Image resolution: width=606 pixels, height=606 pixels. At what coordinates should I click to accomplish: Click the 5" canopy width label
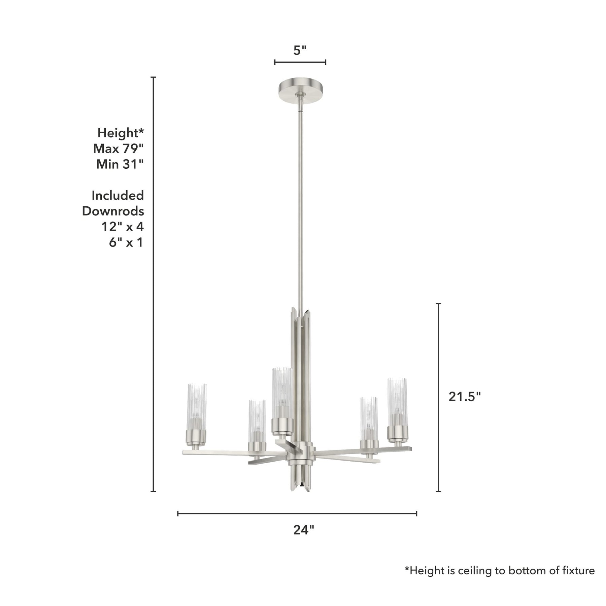pos(300,51)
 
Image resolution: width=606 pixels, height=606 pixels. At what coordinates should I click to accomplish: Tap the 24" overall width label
pos(303,530)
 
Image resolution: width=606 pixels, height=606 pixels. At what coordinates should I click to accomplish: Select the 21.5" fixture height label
pos(465,397)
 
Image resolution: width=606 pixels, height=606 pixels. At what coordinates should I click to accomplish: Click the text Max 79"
pos(119,148)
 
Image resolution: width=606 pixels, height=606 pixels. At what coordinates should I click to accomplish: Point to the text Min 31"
pos(120,164)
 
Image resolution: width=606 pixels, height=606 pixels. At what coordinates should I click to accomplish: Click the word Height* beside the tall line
pos(121,133)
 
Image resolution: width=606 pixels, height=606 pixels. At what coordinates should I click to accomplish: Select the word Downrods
pos(113,211)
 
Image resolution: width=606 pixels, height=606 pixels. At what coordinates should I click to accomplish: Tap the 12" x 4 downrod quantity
pos(123,227)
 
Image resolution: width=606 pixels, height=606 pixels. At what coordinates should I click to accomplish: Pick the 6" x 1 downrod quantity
pos(126,242)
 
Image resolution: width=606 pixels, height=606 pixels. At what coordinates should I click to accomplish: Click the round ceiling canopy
pos(301,90)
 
